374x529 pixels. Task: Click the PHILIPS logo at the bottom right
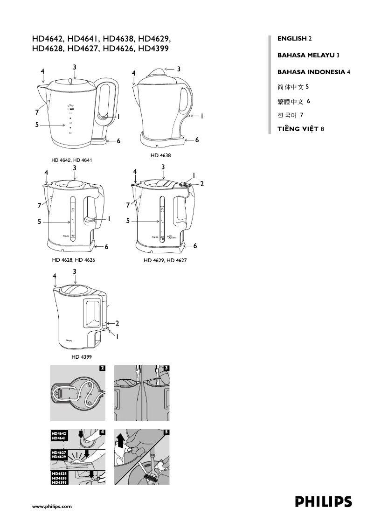point(323,502)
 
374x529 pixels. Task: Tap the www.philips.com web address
point(51,506)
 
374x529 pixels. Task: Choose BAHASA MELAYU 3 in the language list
point(308,55)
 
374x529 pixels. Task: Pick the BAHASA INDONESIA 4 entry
point(313,72)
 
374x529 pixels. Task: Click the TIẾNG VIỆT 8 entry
point(300,129)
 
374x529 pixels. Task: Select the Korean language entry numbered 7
point(291,115)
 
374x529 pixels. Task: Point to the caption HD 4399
point(81,357)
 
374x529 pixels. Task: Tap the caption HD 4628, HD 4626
point(74,260)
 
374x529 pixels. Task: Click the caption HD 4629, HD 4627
point(165,260)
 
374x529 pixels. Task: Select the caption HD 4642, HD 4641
point(72,160)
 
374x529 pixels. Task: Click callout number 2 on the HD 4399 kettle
point(117,323)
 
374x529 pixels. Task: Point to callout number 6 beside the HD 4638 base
point(197,140)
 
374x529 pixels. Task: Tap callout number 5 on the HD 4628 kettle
point(40,222)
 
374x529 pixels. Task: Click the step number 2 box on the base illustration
point(102,368)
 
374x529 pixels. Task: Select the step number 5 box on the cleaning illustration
point(166,432)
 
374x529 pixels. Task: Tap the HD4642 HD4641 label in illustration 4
point(59,436)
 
